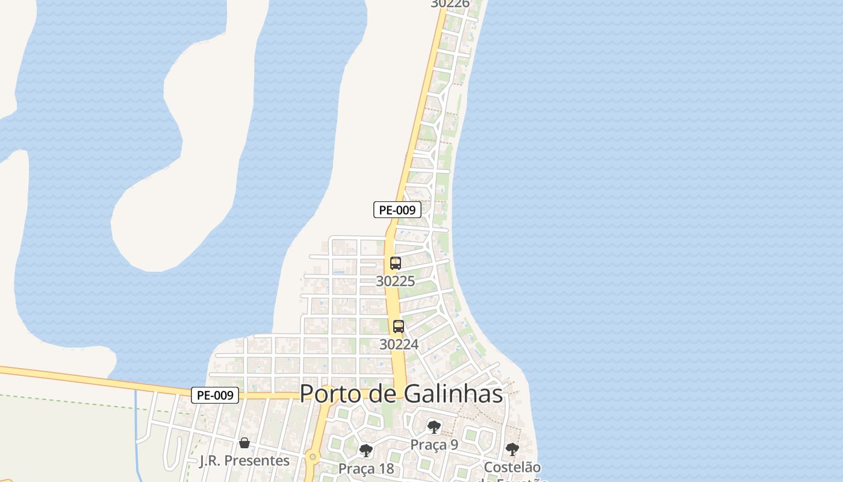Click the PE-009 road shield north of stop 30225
397,210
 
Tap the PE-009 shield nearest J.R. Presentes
215,395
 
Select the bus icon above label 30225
396,263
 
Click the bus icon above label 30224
399,327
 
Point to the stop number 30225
395,281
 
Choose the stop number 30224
399,344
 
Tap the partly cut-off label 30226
450,4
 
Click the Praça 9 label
434,445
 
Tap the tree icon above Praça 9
434,427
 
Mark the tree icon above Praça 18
366,451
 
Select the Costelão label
512,467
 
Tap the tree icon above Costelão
512,449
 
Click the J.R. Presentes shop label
244,460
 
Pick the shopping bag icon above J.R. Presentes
244,443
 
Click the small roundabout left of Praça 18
312,457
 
